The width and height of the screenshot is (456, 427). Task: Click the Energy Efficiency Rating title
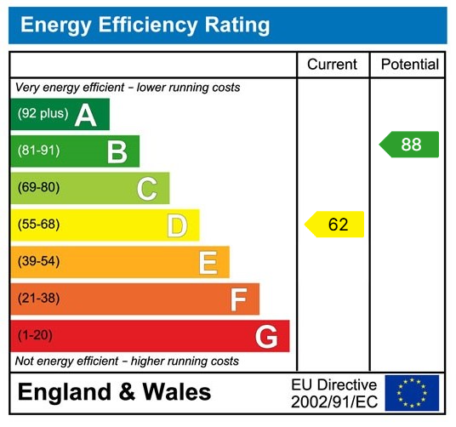[145, 26]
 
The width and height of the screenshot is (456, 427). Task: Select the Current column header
[333, 65]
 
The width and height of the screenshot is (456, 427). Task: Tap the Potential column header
[409, 65]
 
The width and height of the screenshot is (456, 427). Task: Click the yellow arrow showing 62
[335, 225]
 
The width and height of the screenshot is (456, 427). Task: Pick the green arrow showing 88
[409, 145]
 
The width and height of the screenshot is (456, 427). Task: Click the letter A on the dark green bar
[85, 114]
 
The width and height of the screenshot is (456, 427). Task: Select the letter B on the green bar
[117, 151]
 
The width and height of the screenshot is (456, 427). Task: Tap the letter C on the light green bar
[146, 189]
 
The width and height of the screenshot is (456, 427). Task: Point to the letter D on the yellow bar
[176, 225]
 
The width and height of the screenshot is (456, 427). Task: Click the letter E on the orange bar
[208, 263]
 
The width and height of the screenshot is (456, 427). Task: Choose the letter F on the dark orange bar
[238, 299]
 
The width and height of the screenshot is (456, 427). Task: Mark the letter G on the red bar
[266, 337]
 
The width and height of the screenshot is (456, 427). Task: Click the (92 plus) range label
[43, 114]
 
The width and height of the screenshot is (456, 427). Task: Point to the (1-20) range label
[35, 336]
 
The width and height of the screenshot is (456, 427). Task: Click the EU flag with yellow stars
[412, 392]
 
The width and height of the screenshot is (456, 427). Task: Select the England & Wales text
[114, 392]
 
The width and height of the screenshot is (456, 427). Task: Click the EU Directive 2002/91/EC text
[333, 392]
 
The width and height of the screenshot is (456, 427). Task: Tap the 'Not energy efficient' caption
[127, 362]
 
